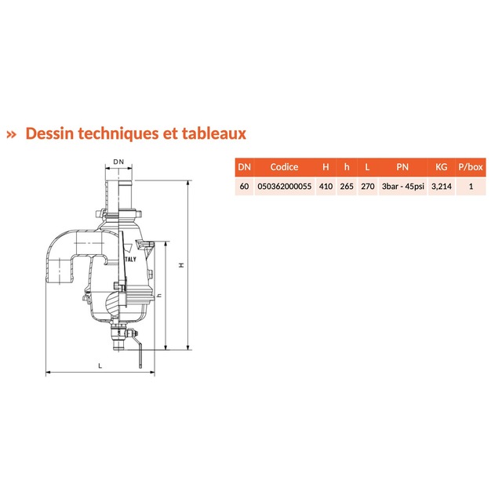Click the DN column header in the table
(244, 167)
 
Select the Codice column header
(284, 167)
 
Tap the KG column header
(442, 167)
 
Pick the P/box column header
(471, 167)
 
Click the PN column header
(402, 167)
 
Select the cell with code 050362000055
(285, 187)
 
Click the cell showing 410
(326, 187)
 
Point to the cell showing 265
(347, 187)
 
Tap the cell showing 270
(368, 187)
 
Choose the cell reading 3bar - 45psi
(403, 187)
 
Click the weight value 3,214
(442, 187)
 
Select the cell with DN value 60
(244, 187)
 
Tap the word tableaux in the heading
(214, 133)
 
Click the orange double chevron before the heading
(11, 134)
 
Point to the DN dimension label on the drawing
(118, 162)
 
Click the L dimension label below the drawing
(100, 366)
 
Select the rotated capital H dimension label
(182, 265)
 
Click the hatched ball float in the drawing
(114, 303)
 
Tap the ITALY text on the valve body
(130, 260)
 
